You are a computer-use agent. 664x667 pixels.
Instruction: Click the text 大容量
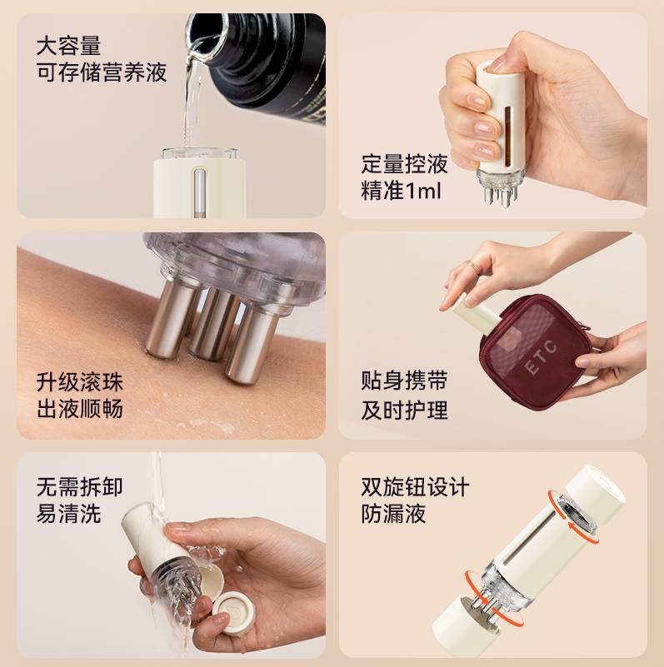point(68,44)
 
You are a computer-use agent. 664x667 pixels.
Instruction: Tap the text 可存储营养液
point(102,72)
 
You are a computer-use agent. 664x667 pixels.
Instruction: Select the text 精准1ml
point(401,191)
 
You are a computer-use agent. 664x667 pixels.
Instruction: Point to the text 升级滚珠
point(79,382)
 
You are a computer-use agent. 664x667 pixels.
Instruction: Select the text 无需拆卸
point(79,486)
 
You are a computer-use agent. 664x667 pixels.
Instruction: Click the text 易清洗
point(68,514)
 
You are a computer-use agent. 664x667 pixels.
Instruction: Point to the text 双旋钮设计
point(415,486)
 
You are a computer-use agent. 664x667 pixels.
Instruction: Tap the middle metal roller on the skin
point(211,321)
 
